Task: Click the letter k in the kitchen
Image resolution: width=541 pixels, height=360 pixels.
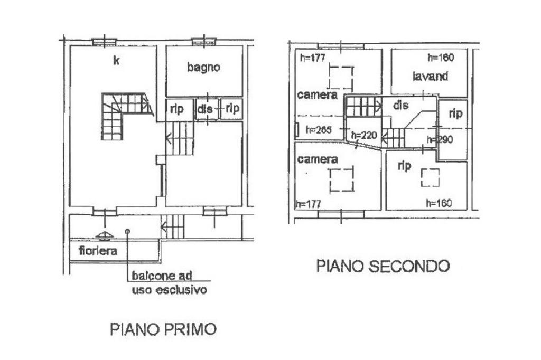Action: click(116, 61)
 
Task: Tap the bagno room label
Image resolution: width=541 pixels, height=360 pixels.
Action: click(203, 67)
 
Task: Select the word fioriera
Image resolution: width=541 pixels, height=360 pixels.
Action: click(98, 251)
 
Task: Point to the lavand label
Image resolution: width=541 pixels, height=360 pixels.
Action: click(430, 76)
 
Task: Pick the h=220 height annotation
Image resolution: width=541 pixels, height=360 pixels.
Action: click(364, 135)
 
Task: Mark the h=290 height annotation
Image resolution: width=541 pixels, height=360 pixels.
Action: click(440, 140)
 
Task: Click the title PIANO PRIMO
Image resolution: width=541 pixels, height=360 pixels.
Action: click(163, 329)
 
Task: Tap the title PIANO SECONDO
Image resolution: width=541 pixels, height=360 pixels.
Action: click(383, 266)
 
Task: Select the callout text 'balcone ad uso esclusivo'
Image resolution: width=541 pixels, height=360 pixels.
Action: click(169, 282)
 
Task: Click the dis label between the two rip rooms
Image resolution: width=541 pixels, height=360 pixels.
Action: click(206, 109)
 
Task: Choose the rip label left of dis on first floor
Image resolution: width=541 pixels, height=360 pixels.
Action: click(176, 109)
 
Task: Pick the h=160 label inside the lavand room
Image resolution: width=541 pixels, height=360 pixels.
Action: click(440, 57)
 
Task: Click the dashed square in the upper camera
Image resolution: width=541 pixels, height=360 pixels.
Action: click(340, 78)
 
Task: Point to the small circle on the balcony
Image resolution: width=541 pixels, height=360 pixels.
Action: click(127, 231)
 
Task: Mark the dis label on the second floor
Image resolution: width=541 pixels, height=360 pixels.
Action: click(401, 106)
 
